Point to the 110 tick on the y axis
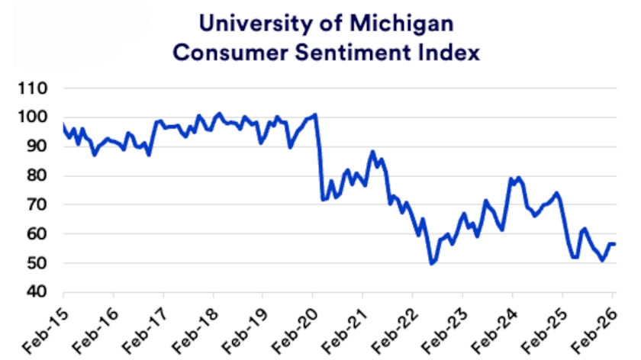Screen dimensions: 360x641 coord(37,88)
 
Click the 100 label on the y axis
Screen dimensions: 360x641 coord(37,117)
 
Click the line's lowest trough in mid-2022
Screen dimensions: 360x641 coord(432,264)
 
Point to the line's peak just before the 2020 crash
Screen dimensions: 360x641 coord(315,114)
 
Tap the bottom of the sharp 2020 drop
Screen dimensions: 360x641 coord(323,200)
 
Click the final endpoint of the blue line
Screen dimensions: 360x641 coord(615,244)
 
